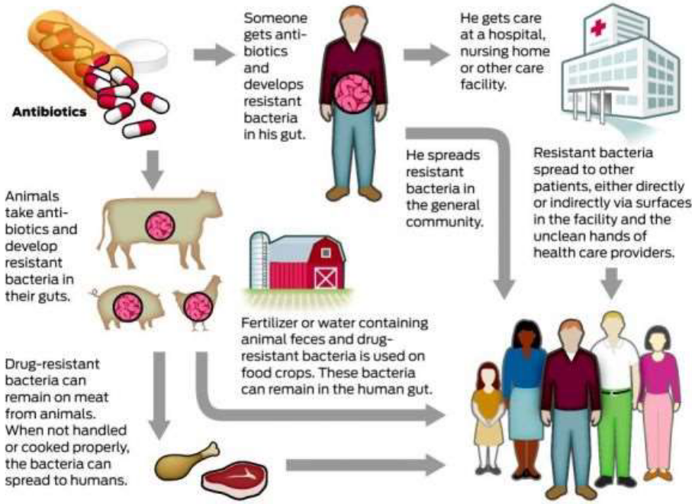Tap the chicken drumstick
[183, 458]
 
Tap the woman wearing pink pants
[658, 405]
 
